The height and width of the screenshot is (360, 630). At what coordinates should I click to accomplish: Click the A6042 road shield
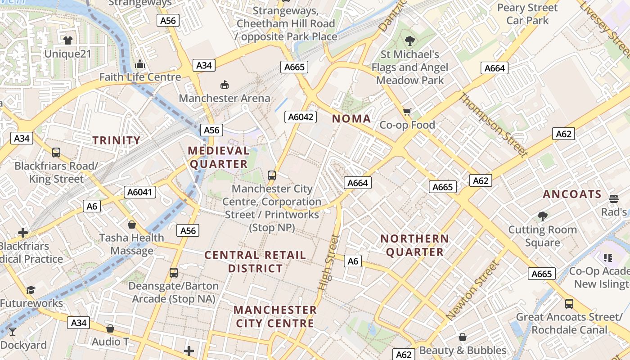[x=301, y=117]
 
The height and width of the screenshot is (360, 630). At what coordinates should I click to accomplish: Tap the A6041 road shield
[x=141, y=192]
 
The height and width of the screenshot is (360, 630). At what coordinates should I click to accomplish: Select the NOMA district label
[x=351, y=119]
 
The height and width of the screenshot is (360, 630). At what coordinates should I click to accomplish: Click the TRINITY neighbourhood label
[x=117, y=140]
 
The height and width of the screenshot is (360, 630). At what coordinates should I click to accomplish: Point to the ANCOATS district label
[x=572, y=194]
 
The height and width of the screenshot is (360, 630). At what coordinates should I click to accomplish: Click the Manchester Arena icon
[x=224, y=85]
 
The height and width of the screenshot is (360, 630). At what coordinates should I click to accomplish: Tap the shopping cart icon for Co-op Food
[x=407, y=112]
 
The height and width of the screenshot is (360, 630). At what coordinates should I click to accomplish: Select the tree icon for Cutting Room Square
[x=542, y=216]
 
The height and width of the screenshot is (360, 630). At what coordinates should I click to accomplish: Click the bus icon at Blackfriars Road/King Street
[x=56, y=153]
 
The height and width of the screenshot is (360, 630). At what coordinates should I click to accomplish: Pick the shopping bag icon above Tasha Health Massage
[x=132, y=224]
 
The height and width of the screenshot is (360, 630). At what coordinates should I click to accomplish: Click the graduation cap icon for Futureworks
[x=31, y=290]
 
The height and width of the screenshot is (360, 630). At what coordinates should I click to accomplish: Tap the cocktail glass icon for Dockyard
[x=12, y=332]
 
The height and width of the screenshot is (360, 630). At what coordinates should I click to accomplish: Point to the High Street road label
[x=328, y=262]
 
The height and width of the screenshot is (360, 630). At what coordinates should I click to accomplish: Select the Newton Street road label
[x=473, y=290]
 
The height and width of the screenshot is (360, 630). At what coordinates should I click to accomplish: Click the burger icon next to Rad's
[x=614, y=198]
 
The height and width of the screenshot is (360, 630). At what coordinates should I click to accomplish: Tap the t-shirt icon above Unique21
[x=68, y=40]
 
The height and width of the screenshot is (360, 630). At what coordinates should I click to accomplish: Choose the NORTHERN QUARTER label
[x=414, y=245]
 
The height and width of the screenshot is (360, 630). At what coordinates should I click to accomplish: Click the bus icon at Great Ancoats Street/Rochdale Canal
[x=569, y=304]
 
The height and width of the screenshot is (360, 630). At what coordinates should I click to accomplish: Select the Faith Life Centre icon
[x=140, y=64]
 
